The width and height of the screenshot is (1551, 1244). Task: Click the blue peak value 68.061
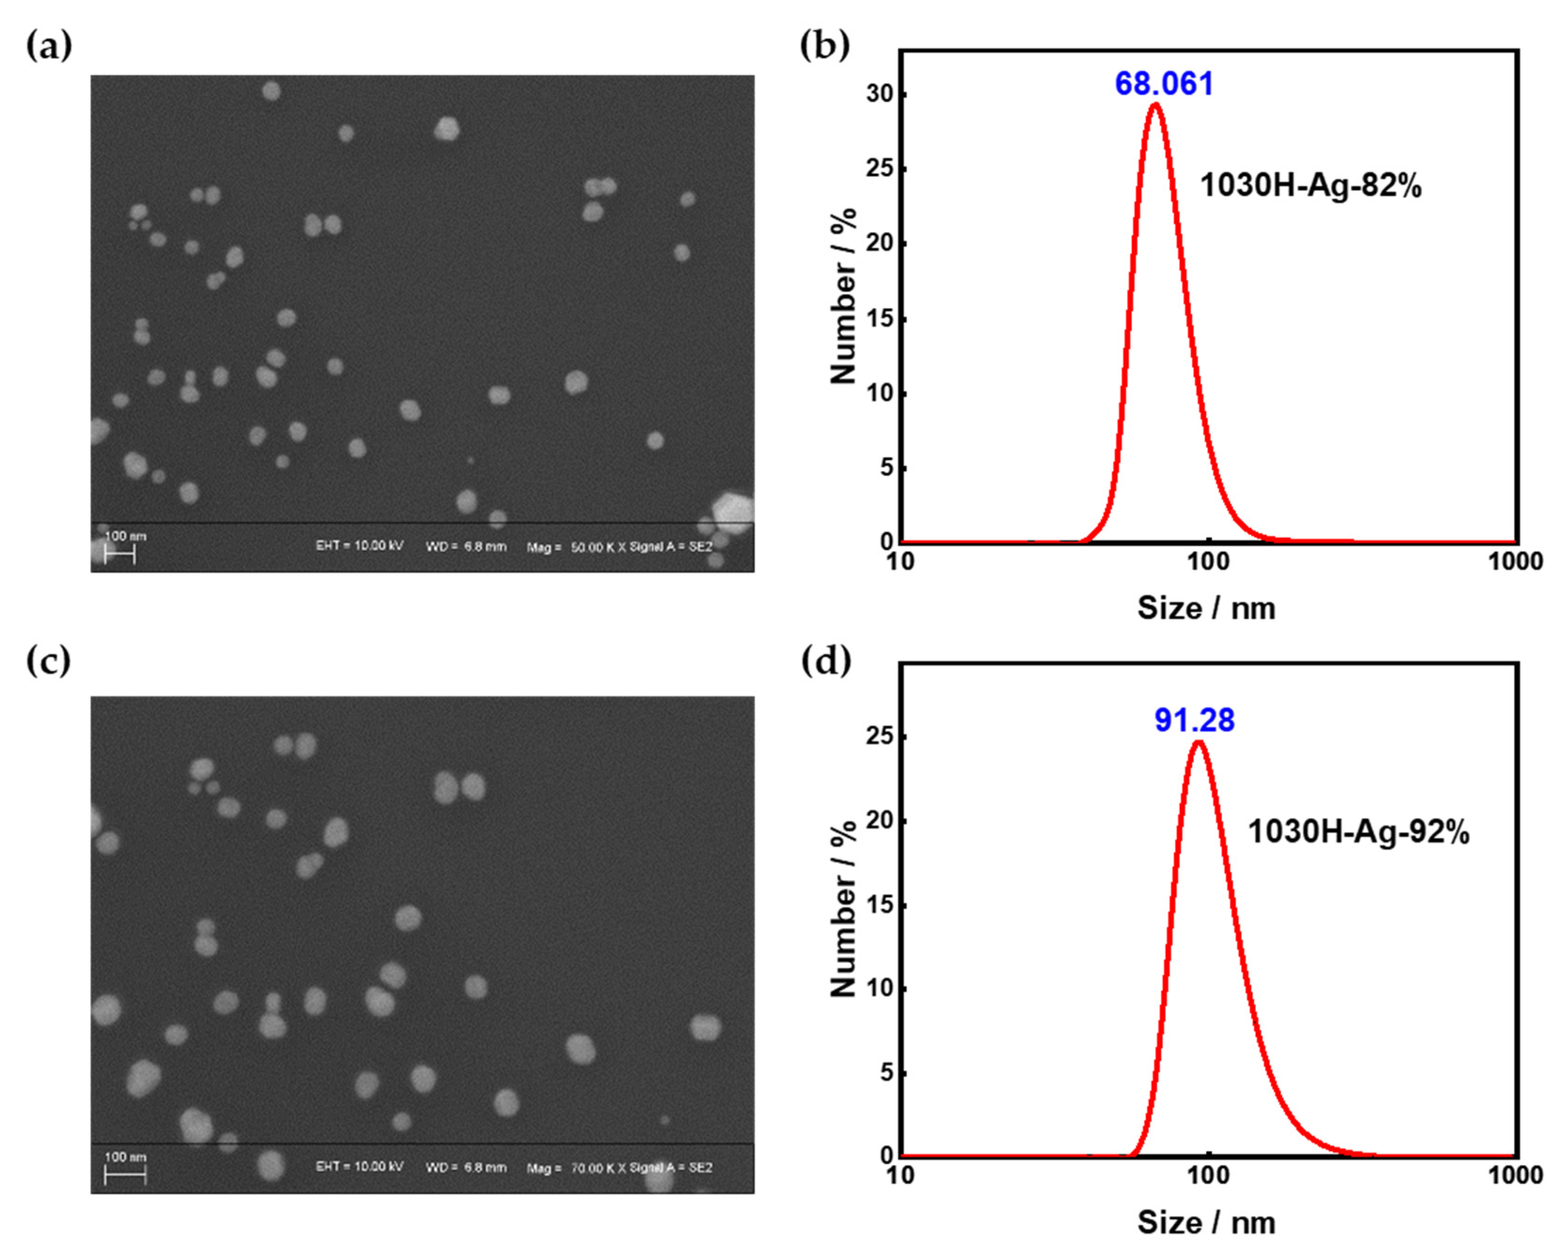click(1163, 84)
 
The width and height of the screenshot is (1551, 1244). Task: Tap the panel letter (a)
click(49, 47)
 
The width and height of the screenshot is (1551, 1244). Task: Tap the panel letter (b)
click(824, 47)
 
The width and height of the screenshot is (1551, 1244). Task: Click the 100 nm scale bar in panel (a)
click(120, 554)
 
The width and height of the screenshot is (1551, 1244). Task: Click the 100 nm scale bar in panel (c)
click(125, 1175)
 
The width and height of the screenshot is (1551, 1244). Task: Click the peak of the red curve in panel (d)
click(1198, 742)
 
